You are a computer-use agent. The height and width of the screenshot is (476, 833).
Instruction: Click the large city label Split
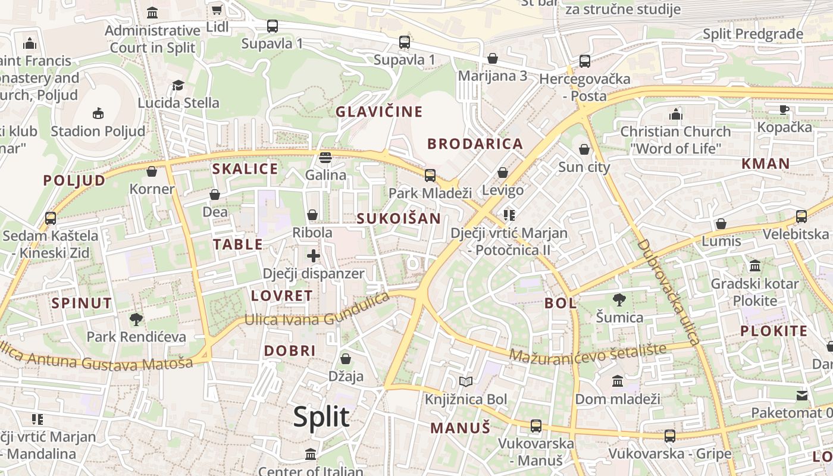click(x=321, y=417)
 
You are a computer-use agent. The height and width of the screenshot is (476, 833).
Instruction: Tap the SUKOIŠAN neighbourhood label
click(x=399, y=218)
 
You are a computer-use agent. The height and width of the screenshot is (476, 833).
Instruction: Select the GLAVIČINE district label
click(x=379, y=112)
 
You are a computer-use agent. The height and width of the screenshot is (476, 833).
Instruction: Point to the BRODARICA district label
click(x=475, y=143)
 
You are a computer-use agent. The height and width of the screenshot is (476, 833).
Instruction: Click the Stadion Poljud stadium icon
click(x=98, y=113)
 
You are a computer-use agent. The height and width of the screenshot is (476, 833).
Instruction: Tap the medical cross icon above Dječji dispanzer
click(x=313, y=256)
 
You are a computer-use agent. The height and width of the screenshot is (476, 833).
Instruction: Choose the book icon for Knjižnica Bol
click(x=466, y=381)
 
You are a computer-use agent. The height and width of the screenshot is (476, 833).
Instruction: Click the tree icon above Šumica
click(x=619, y=299)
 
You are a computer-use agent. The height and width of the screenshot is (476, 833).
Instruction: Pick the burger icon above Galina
click(x=325, y=158)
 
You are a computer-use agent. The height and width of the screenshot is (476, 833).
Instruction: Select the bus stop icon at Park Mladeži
click(x=430, y=176)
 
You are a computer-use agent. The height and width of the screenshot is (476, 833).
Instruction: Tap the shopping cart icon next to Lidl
click(x=217, y=10)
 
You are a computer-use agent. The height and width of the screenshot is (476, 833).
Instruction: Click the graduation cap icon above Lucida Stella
click(x=178, y=85)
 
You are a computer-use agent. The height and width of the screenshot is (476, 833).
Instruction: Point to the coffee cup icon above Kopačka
click(x=784, y=109)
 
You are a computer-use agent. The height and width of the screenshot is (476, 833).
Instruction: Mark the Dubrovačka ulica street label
click(x=667, y=292)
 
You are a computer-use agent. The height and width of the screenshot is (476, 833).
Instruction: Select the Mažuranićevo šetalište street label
click(x=587, y=352)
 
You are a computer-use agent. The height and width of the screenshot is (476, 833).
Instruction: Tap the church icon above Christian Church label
click(x=675, y=114)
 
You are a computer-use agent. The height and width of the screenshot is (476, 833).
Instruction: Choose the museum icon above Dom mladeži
click(x=618, y=381)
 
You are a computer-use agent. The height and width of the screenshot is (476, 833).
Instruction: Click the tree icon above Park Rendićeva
click(x=136, y=320)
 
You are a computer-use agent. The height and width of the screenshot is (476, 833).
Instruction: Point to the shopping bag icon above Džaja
click(x=346, y=359)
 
